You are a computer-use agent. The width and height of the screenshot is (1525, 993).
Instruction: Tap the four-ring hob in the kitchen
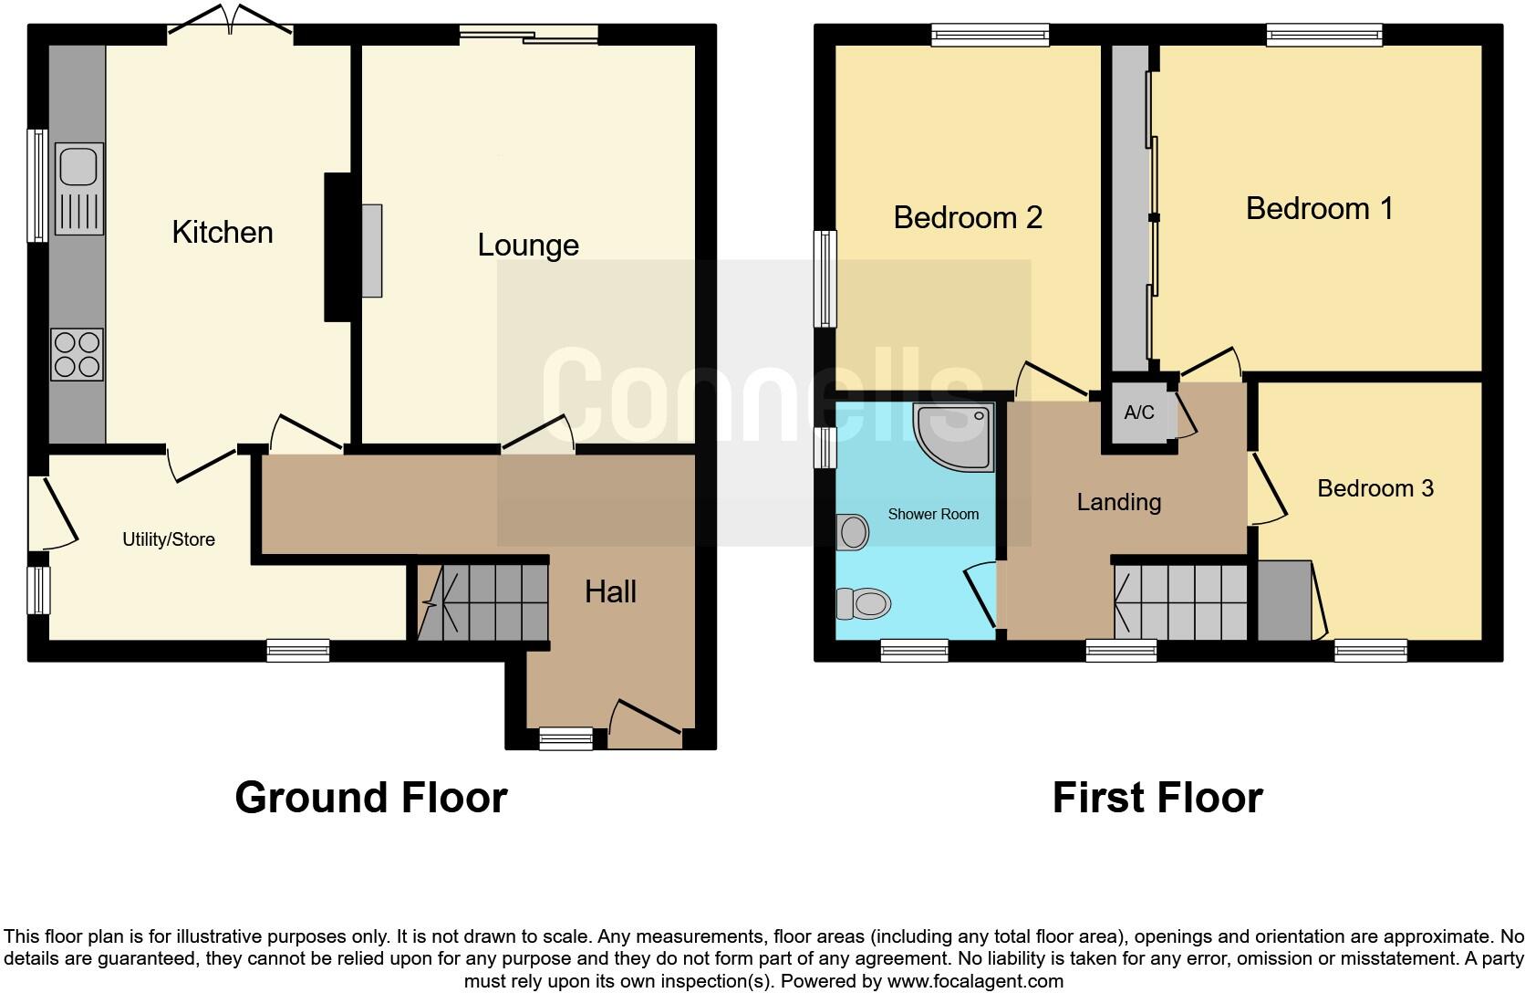click(78, 354)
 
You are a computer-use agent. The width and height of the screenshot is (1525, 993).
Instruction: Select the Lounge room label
click(528, 245)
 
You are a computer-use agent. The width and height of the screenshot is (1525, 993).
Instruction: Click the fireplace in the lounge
click(371, 250)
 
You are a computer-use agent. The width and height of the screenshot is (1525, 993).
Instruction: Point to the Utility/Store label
click(169, 539)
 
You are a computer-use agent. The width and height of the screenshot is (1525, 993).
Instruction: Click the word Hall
click(610, 591)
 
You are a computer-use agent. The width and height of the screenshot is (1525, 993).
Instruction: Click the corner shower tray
click(954, 436)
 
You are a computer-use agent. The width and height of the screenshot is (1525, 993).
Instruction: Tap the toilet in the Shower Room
click(863, 603)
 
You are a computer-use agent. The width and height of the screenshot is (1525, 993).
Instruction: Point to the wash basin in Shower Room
click(853, 532)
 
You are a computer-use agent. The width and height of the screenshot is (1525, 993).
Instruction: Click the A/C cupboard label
click(1138, 413)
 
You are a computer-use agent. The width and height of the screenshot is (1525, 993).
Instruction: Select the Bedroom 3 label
click(1375, 488)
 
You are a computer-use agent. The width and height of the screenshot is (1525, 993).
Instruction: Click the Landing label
click(1118, 502)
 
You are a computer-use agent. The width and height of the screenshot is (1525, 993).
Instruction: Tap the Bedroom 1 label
click(1319, 208)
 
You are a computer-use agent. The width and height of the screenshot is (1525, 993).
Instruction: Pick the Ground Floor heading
click(370, 797)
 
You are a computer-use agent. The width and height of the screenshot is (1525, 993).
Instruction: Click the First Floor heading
click(1157, 797)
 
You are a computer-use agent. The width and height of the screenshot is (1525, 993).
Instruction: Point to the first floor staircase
click(1180, 602)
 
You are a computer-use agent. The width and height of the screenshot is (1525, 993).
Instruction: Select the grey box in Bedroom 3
click(1284, 601)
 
